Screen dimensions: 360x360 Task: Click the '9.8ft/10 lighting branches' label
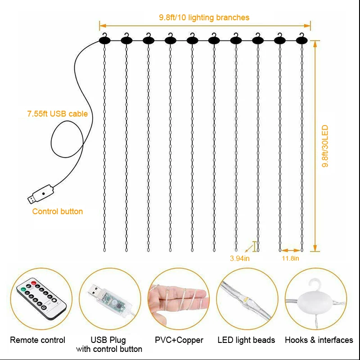[x=204, y=18]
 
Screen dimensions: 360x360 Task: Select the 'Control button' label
[x=58, y=211]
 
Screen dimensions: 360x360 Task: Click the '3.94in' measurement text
[x=239, y=258]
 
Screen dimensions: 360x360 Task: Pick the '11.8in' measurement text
[x=290, y=258]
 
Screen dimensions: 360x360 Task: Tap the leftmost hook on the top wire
[x=104, y=39]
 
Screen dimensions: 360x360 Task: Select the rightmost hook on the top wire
[x=302, y=39]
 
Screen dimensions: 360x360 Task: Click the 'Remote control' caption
[x=37, y=340]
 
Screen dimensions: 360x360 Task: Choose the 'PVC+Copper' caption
[x=179, y=340]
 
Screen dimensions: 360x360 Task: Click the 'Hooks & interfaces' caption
[x=319, y=340]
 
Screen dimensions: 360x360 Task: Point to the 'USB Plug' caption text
[x=109, y=340]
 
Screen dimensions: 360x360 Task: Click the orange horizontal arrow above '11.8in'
[x=291, y=250]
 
